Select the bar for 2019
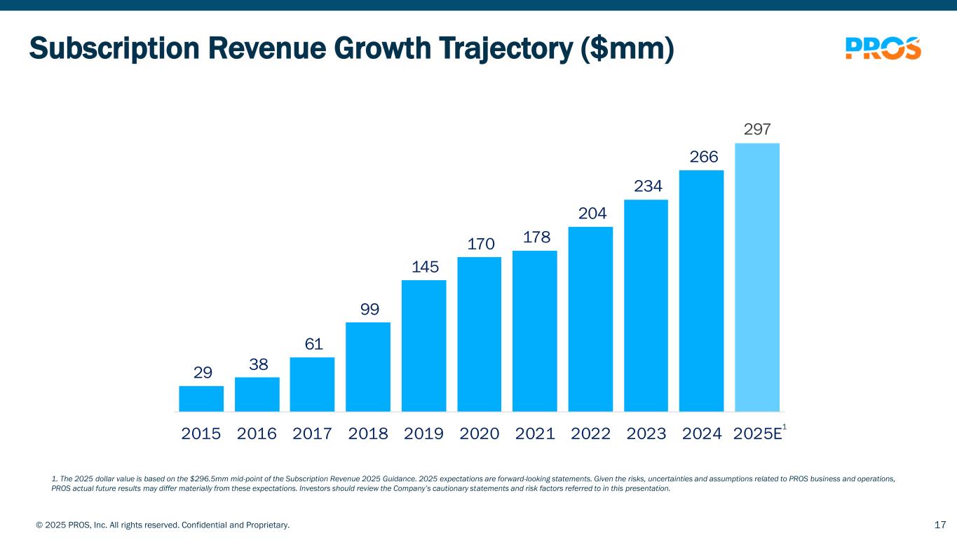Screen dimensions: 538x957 [x=423, y=345]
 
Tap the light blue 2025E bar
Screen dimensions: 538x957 [x=757, y=277]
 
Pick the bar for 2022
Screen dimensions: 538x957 [x=590, y=319]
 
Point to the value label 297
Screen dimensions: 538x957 [x=757, y=130]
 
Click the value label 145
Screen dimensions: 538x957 [x=424, y=267]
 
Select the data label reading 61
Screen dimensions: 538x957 [x=313, y=344]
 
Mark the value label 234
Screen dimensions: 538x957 [x=646, y=186]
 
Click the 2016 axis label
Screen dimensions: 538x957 [x=257, y=434]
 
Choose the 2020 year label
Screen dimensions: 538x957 [x=479, y=434]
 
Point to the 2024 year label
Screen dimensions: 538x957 [x=702, y=434]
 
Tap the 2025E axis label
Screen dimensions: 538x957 [x=757, y=434]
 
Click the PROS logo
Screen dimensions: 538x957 [x=883, y=48]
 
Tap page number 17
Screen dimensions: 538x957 [x=941, y=525]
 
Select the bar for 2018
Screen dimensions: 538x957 [x=368, y=366]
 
